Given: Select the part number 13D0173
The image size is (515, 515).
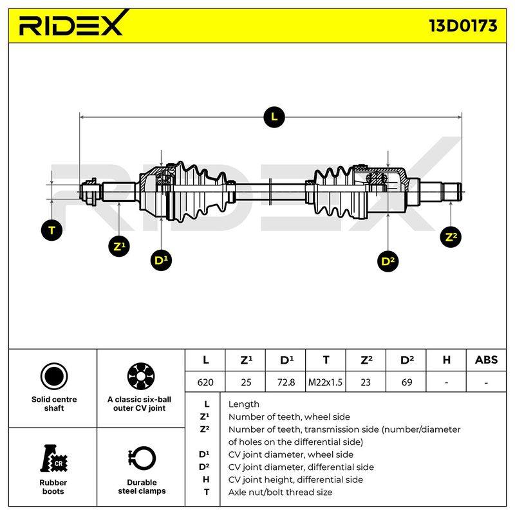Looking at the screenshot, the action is tap(463, 26).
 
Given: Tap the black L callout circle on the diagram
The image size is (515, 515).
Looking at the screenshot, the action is tap(274, 117).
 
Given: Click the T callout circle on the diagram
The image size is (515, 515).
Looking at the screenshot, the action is tap(52, 230).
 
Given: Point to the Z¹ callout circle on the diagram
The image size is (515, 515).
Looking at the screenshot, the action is tap(119, 247).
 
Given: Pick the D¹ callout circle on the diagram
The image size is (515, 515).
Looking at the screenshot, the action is tap(161, 261).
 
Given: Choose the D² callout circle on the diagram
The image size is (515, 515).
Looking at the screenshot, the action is tap(388, 261).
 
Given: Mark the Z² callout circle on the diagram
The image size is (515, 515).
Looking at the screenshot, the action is tap(451, 237).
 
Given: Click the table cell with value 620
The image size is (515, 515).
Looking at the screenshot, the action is tap(205, 382).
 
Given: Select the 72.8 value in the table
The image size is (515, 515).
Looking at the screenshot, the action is tap(286, 382).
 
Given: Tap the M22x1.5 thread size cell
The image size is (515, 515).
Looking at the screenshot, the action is tap(325, 382).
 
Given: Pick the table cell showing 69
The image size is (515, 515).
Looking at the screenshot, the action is tap(407, 382).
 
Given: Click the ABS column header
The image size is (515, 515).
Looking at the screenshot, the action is tap(486, 360).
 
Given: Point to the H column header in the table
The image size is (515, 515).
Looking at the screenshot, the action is tap(446, 360).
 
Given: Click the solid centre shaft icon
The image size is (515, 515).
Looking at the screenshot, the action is tap(54, 377).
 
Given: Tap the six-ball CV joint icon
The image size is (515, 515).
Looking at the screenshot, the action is tap(141, 377).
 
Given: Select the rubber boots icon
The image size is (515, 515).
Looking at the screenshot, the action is tap(54, 458).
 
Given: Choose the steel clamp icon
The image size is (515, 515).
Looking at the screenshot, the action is tap(142, 458).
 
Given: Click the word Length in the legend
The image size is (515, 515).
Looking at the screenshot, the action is tap(244, 404).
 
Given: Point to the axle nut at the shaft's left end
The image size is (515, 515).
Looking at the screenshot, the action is tap(90, 192).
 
